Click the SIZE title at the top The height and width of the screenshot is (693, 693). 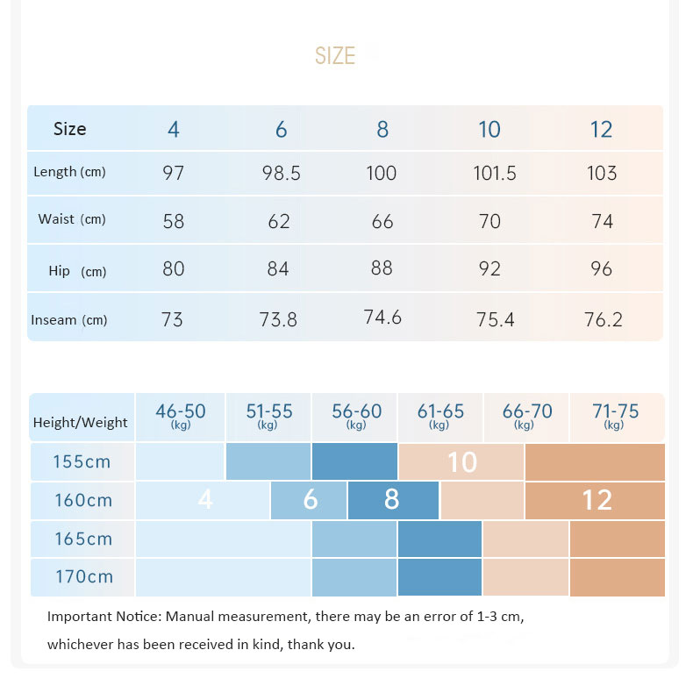tap(335, 56)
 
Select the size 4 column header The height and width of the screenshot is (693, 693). tap(174, 130)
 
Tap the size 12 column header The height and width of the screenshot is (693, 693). tap(601, 130)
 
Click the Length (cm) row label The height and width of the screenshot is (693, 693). tap(69, 173)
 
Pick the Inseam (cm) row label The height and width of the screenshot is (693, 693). tap(69, 320)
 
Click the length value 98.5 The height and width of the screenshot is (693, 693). tap(281, 174)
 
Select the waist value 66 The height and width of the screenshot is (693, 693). tap(382, 221)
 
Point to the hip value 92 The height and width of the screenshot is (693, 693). tap(489, 268)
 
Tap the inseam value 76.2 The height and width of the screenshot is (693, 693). tap(603, 320)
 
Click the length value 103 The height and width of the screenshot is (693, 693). tap(602, 174)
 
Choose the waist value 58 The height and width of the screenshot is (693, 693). tap(174, 221)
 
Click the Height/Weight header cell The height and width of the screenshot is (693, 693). tap(80, 422)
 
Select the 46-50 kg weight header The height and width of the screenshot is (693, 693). tap(181, 415)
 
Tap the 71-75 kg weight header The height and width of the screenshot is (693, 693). tap(614, 415)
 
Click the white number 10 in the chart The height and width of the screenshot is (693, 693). tap(462, 462)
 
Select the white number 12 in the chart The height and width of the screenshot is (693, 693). tap(597, 500)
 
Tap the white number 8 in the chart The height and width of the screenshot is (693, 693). tap(391, 500)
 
